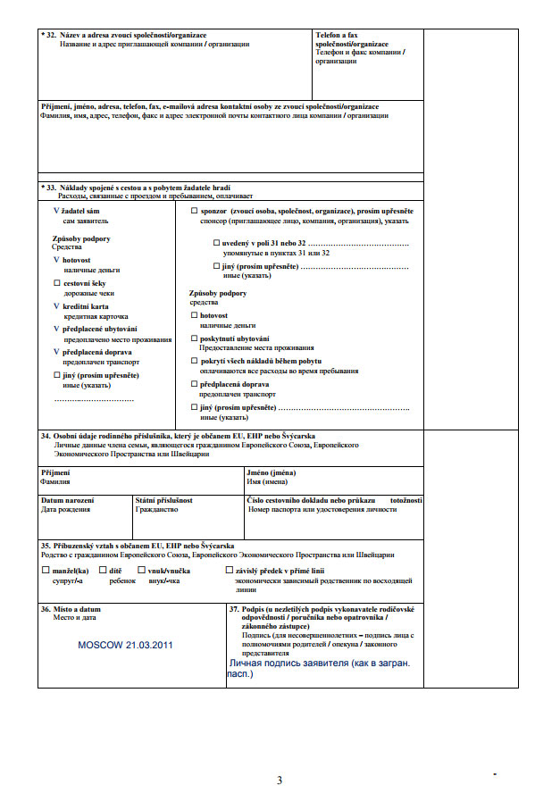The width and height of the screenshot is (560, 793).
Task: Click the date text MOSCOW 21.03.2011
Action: [x=125, y=644]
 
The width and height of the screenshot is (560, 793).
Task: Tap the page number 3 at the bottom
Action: [x=280, y=780]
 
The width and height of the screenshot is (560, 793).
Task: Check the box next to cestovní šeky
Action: [x=57, y=282]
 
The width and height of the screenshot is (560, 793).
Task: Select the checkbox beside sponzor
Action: [x=195, y=210]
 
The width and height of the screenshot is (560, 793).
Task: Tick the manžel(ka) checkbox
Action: [x=46, y=570]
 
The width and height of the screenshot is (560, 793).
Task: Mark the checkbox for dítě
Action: [x=103, y=570]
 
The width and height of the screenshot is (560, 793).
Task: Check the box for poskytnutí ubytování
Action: [x=195, y=338]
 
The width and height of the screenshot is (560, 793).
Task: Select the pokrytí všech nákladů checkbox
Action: [x=195, y=361]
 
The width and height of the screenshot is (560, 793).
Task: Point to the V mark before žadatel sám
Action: [x=56, y=210]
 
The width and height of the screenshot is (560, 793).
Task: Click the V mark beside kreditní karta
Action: [x=56, y=305]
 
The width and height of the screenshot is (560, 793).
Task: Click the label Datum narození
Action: [x=67, y=500]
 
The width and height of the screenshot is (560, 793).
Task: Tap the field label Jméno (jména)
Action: [x=272, y=472]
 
